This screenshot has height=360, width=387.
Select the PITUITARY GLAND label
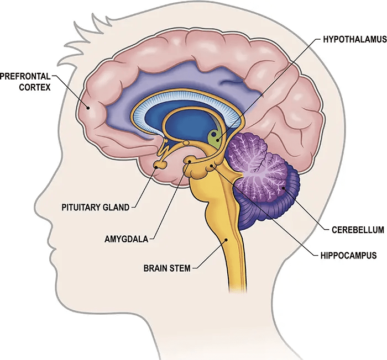(x=95, y=208)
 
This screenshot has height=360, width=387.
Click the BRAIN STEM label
(x=166, y=268)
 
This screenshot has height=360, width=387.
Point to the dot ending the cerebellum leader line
(x=284, y=189)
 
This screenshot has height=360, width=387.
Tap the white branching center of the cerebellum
(x=260, y=166)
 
